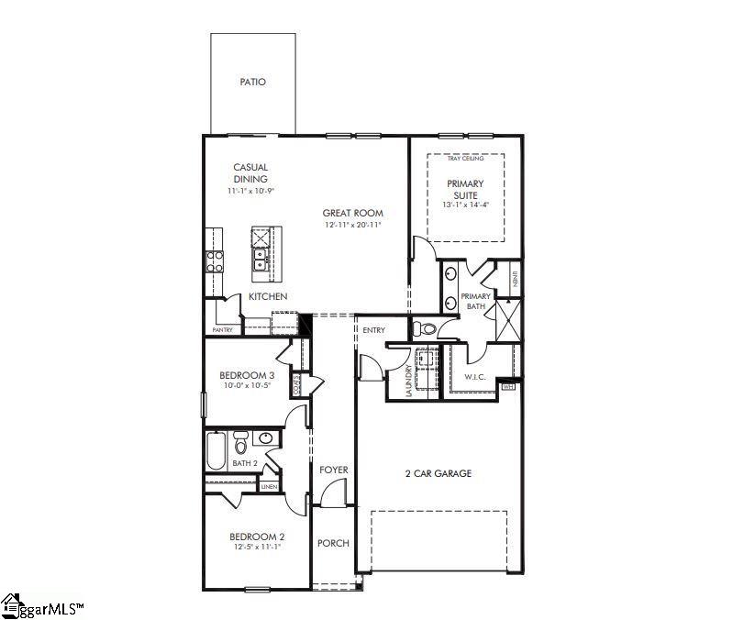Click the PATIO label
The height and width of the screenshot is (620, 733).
[x=252, y=82]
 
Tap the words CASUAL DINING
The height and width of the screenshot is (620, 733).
[x=250, y=173]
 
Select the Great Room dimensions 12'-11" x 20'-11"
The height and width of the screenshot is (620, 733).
[x=352, y=225]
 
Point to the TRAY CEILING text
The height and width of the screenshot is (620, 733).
[x=465, y=159]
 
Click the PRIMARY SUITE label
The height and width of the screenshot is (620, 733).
[x=465, y=189]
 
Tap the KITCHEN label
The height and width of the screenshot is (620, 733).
[x=268, y=296]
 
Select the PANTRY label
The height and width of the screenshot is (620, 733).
[x=222, y=329]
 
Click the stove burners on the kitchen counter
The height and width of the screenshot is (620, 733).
[x=215, y=262]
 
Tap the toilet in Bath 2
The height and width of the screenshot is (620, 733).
[x=240, y=445]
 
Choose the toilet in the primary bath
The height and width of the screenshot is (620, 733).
[x=425, y=328]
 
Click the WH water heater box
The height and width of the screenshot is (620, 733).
[x=508, y=387]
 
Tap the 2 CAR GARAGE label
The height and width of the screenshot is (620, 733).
[x=438, y=473]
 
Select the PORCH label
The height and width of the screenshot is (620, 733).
[x=333, y=543]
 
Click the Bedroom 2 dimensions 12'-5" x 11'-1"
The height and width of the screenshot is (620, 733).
[x=257, y=548]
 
